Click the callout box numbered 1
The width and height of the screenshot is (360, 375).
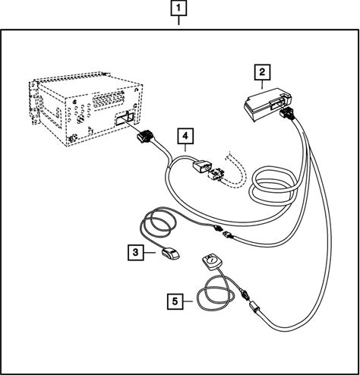pos(178,8)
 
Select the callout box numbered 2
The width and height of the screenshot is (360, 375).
pos(262,72)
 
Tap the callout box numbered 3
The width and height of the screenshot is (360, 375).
pos(136,252)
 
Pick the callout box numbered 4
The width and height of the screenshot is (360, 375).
pos(185,136)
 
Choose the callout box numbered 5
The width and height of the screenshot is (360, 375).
pos(175,301)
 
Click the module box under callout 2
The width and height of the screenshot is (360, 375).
pos(268,105)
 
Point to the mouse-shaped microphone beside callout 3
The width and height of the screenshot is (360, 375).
pos(171,254)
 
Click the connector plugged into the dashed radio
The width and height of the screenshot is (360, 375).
pos(144,137)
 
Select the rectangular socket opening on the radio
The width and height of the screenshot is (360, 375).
pos(125,118)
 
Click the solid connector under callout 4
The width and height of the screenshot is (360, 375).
pos(201,166)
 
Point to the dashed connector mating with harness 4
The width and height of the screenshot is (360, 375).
pos(216,174)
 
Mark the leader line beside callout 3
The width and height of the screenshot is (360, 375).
pos(150,253)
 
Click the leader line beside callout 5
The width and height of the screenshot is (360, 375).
pos(188,301)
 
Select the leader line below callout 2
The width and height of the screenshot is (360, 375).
pos(262,84)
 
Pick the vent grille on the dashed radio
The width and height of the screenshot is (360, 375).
pos(109,99)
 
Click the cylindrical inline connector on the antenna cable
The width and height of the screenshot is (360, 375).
pos(254,307)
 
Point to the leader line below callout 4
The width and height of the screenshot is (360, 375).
pos(185,148)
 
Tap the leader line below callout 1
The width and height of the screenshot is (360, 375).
pos(178,20)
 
